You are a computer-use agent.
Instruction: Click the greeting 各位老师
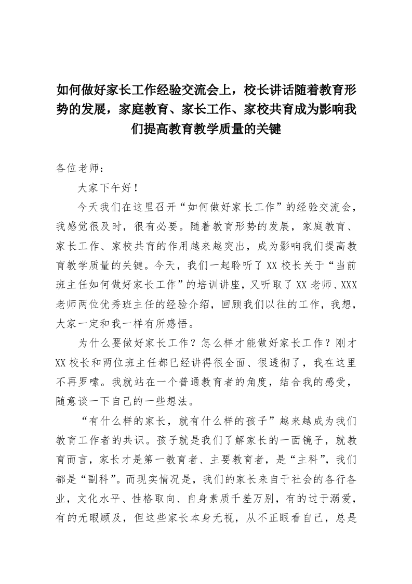point(76,169)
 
